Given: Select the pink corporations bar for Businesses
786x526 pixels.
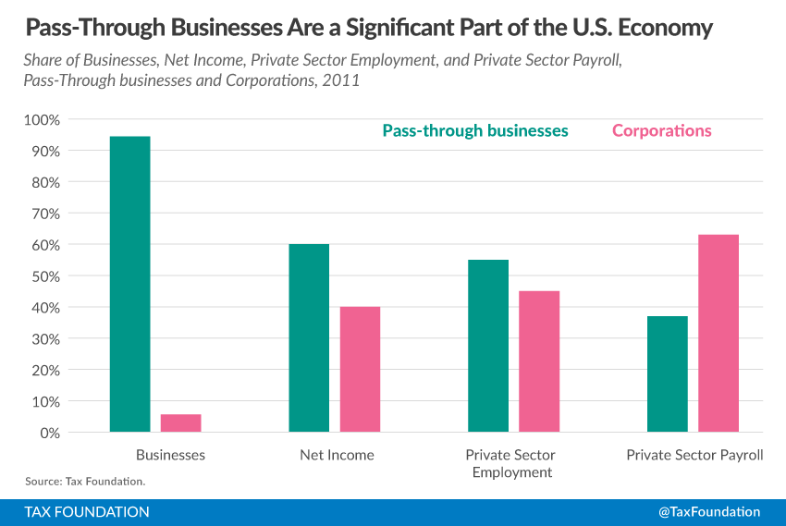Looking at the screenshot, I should pyautogui.click(x=180, y=422).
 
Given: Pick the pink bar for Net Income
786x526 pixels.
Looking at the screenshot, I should pyautogui.click(x=360, y=369).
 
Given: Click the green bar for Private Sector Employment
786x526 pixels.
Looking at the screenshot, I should pyautogui.click(x=488, y=346).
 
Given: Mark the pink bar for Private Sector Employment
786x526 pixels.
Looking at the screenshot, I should pyautogui.click(x=539, y=361).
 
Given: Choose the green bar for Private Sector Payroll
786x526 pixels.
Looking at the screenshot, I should pyautogui.click(x=668, y=373).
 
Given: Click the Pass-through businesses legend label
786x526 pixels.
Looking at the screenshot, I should pyautogui.click(x=475, y=130).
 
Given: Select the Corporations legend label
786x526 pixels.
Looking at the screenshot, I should pyautogui.click(x=662, y=130).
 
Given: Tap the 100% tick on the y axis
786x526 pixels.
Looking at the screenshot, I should pyautogui.click(x=41, y=120).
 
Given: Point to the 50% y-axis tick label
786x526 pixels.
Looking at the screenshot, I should pyautogui.click(x=44, y=276).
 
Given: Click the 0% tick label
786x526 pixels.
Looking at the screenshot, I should pyautogui.click(x=48, y=433).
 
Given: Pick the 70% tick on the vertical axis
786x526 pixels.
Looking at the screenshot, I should pyautogui.click(x=44, y=214).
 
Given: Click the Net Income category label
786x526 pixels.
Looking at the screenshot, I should pyautogui.click(x=337, y=455).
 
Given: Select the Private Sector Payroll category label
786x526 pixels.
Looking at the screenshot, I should pyautogui.click(x=694, y=455).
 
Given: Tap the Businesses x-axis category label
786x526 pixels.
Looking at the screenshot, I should pyautogui.click(x=170, y=455).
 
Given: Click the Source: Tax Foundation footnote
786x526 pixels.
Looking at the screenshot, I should pyautogui.click(x=85, y=482).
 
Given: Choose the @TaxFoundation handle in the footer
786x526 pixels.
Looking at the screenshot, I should pyautogui.click(x=709, y=511).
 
